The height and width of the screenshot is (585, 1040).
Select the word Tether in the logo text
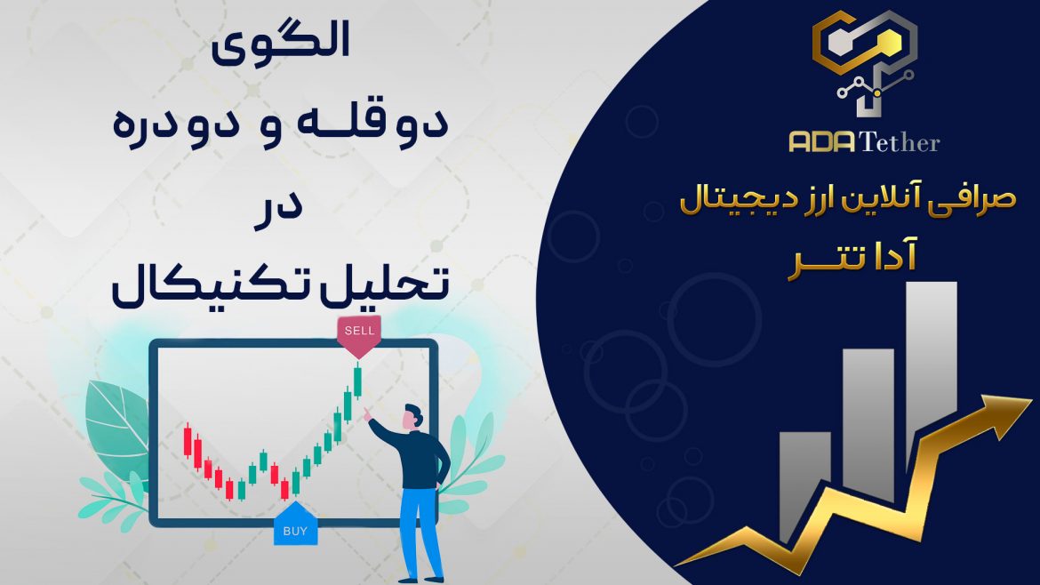(900, 141)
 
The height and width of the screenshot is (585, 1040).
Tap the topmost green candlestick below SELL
(358, 381)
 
